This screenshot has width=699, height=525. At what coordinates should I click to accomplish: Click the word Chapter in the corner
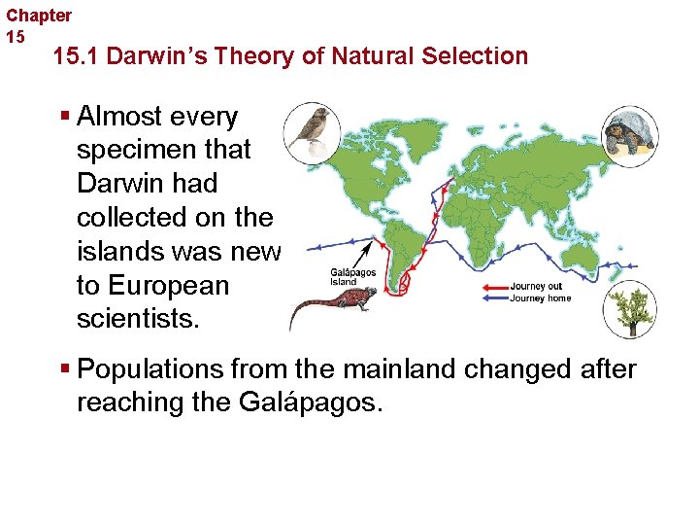tap(39, 16)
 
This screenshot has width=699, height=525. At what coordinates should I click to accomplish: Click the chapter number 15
tap(16, 37)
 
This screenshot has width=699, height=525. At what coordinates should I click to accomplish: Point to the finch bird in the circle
tap(313, 130)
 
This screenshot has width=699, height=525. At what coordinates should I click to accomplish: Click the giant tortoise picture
tap(630, 133)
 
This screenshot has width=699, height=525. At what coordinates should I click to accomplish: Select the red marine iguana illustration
tap(330, 307)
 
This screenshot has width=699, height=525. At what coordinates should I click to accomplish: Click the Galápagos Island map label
tap(353, 277)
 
